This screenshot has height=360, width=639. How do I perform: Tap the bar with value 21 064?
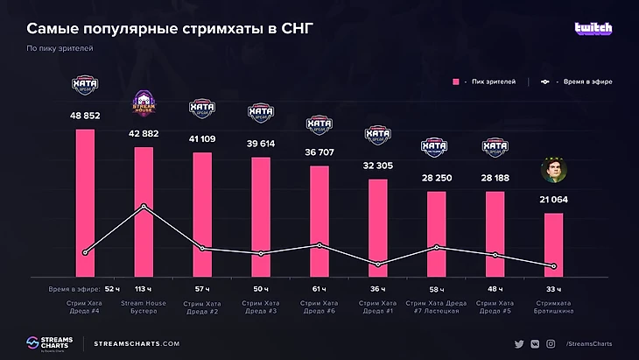pos(553,245)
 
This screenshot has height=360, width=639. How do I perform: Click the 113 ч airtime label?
pos(144,288)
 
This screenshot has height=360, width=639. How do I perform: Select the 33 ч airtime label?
pos(553,288)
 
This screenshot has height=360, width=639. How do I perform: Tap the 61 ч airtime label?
pos(319,288)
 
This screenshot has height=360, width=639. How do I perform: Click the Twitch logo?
pos(593,28)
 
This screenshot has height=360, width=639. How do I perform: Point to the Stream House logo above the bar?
pos(144,104)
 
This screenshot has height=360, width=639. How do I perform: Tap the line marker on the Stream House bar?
pos(144,207)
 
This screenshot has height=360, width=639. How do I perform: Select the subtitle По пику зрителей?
pos(60,48)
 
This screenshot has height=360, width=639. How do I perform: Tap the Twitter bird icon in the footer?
pos(519,344)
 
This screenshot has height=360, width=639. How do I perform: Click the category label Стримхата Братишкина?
pos(553,307)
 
